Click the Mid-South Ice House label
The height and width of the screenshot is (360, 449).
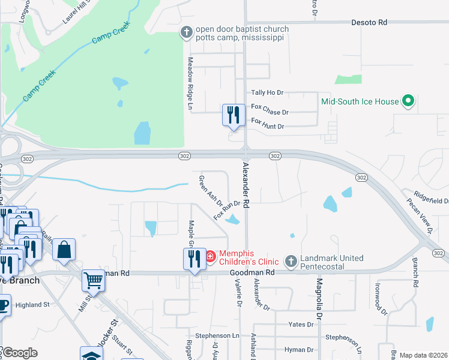point(360,101)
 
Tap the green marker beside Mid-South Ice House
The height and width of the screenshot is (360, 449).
point(408,101)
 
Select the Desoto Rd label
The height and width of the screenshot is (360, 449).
point(369,22)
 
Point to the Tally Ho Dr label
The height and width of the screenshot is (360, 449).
point(267,92)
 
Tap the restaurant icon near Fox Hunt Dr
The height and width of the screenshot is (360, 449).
point(232,114)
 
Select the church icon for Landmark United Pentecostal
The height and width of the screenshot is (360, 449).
point(291,261)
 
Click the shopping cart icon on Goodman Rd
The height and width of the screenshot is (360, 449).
point(93,279)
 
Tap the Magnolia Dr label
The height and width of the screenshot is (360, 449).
point(319,299)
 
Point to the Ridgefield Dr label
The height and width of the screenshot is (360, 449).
point(432,199)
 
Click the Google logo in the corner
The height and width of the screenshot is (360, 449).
point(19,353)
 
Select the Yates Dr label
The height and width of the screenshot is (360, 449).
point(301,325)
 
